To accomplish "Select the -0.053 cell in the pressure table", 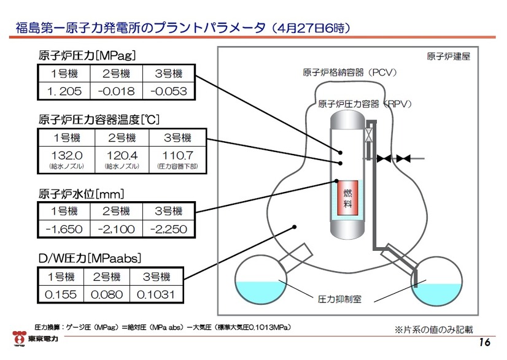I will pos(168,91).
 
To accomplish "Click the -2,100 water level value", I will pos(115,229).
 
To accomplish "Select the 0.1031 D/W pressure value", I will pos(160,294).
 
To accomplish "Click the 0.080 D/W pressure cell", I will pos(107,294).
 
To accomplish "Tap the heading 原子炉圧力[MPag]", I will pos(87,55).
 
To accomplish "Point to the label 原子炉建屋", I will pos(448,56).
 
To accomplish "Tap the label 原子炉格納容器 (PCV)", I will pos(350,72).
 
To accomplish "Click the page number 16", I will pos(484,342).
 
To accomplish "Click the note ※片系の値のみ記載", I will pos(433,329).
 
